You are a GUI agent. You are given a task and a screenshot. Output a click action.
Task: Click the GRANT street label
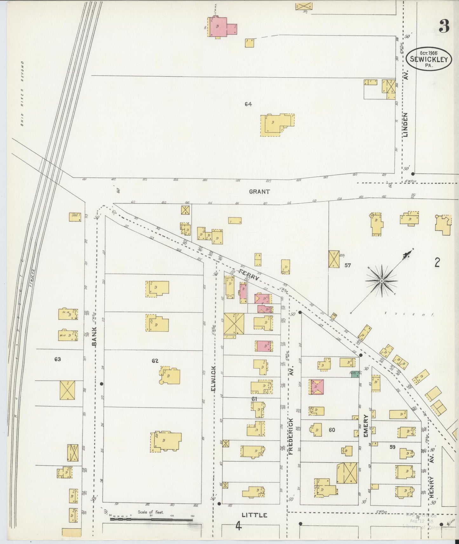click(x=259, y=192)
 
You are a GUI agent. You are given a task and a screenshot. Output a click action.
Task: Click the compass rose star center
click(x=381, y=281)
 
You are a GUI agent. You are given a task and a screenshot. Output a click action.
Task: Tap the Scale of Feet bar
click(x=152, y=520)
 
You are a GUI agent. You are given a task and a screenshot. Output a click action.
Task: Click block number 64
click(x=248, y=104)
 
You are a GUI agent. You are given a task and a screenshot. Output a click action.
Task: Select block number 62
click(x=155, y=361)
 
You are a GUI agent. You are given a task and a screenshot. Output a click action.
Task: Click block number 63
click(x=57, y=360)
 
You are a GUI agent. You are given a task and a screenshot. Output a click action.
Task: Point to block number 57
click(x=348, y=265)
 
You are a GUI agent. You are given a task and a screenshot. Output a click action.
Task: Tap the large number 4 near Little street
click(x=238, y=527)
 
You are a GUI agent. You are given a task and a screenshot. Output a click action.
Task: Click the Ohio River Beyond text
click(x=23, y=94)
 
